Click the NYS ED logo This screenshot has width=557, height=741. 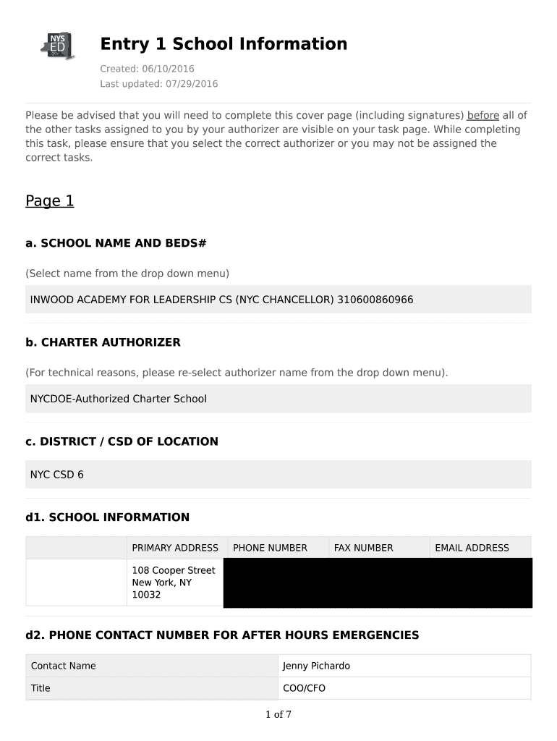coord(57,46)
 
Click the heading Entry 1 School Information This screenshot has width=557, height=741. coord(224,44)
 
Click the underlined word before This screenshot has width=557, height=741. coord(483,116)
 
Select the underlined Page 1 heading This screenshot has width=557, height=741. coord(50,201)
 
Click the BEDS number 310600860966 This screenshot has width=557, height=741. coord(375,300)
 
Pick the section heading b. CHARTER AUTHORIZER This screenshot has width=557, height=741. coord(103,342)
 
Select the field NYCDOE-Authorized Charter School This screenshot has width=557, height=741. coord(118,399)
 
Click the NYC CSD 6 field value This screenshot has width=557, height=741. coord(56,475)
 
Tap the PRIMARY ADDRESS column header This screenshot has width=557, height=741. coord(174,548)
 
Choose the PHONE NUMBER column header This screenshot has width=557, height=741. coord(270,548)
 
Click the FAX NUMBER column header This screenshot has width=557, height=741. coord(363,548)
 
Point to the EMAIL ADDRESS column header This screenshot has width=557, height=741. coord(472,548)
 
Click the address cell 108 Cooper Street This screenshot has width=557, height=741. coord(173,570)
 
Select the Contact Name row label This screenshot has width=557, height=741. coord(63,666)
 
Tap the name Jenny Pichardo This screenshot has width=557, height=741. coord(316,666)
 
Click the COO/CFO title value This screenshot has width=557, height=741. coord(304,688)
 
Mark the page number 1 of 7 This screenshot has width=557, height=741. coord(278,715)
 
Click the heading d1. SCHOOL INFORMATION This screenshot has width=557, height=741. coord(107,517)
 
